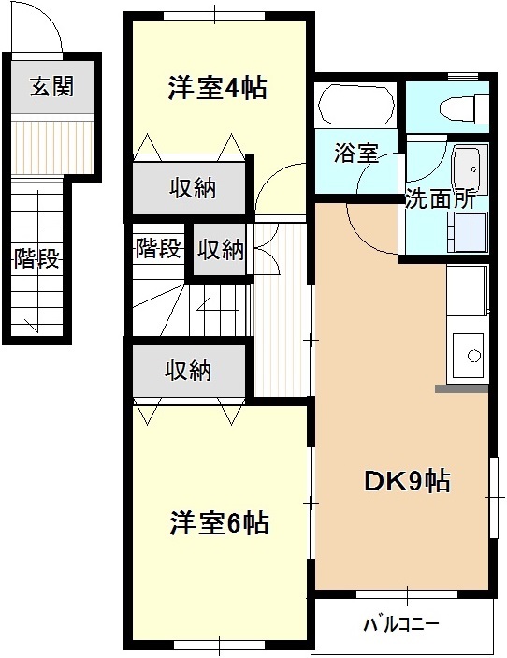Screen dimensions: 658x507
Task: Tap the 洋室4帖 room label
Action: point(217,88)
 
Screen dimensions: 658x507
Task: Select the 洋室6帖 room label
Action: point(219,522)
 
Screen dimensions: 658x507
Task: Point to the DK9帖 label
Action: point(407,481)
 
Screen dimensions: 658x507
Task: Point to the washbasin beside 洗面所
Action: point(467,169)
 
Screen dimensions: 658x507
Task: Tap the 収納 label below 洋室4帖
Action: point(193,188)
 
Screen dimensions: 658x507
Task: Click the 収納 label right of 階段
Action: point(221,250)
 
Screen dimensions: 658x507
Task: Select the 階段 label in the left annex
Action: point(36,258)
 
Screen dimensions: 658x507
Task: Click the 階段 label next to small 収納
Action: point(158,250)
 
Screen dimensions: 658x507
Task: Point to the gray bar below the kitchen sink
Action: point(461,387)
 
